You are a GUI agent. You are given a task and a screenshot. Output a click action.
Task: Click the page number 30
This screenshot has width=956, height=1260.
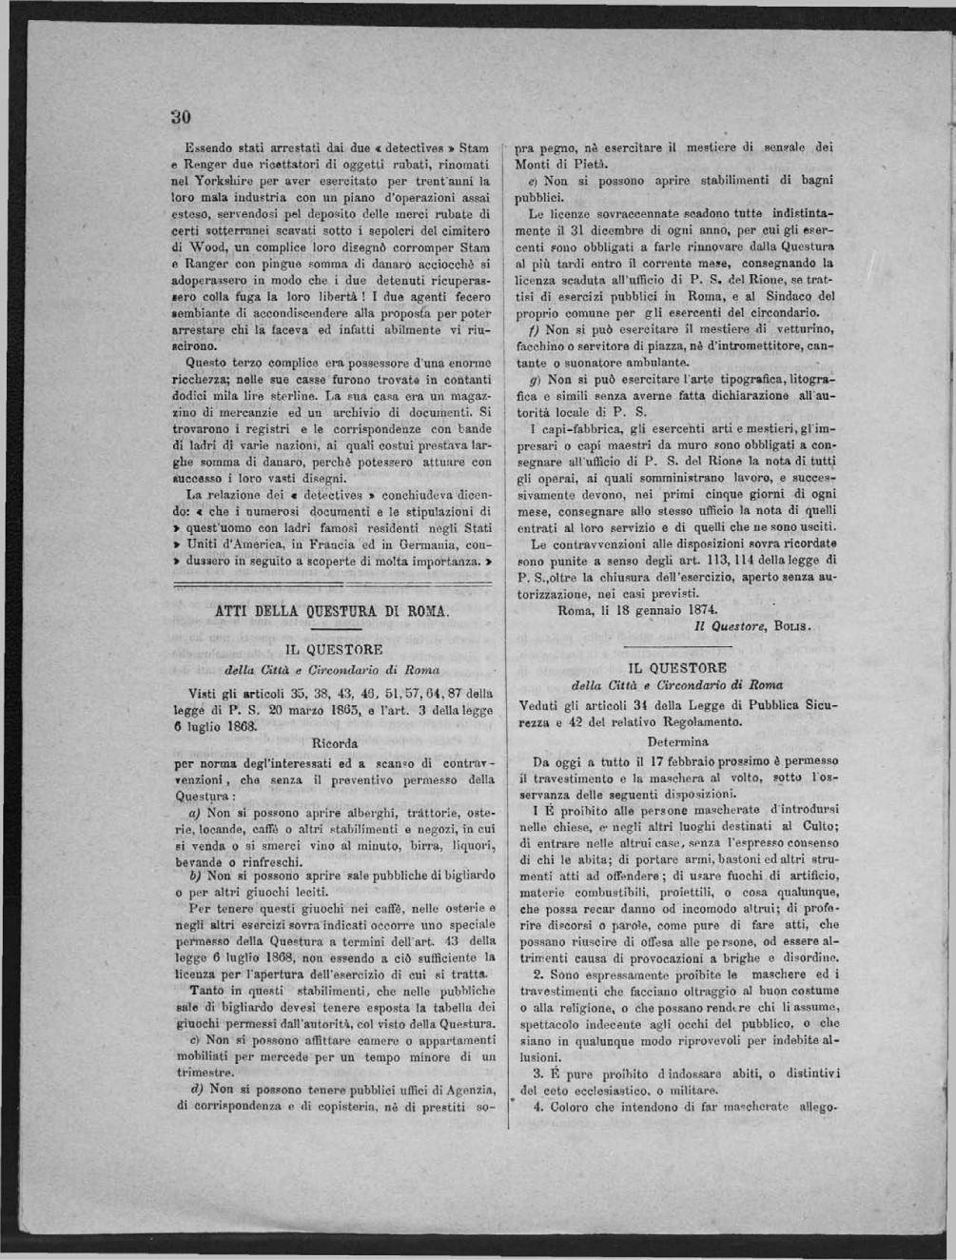pos(182,118)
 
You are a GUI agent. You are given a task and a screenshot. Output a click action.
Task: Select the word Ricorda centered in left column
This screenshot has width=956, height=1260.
pos(334,742)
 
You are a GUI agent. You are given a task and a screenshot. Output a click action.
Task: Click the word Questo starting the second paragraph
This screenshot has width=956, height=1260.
pos(207,362)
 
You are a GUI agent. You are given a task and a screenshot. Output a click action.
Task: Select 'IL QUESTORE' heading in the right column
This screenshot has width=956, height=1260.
pos(677,668)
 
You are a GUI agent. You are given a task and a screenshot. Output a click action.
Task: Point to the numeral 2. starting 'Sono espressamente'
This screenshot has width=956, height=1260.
pos(537,975)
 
